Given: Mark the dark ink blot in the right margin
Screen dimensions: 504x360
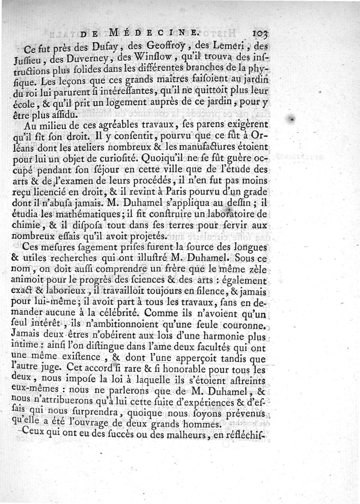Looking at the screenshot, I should (293, 119).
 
